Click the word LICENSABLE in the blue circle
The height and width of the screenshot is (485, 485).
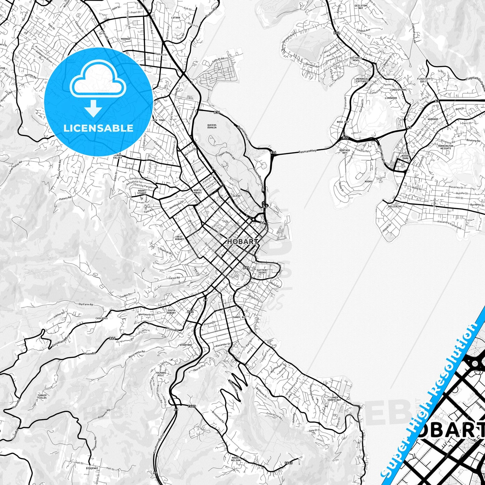[98, 128]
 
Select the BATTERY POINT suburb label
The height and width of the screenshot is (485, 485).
[262, 271]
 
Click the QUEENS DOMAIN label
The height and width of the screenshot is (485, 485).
[212, 126]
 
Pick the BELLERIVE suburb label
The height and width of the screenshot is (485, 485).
[395, 207]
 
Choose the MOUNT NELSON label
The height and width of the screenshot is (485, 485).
[236, 459]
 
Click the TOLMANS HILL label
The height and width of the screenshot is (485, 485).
[161, 374]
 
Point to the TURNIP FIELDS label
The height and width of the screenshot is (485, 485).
[42, 397]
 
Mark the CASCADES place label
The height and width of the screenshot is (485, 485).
[101, 318]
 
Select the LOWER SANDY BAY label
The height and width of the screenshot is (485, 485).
[334, 399]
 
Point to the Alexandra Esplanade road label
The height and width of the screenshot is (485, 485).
[449, 225]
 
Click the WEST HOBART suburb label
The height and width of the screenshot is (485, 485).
[180, 238]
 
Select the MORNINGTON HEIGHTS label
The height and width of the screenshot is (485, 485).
[446, 147]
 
